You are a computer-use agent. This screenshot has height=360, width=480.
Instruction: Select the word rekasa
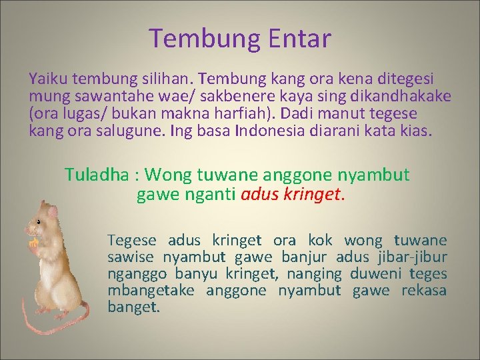tap(423, 291)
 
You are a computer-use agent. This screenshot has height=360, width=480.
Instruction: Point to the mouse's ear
tap(52, 212)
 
